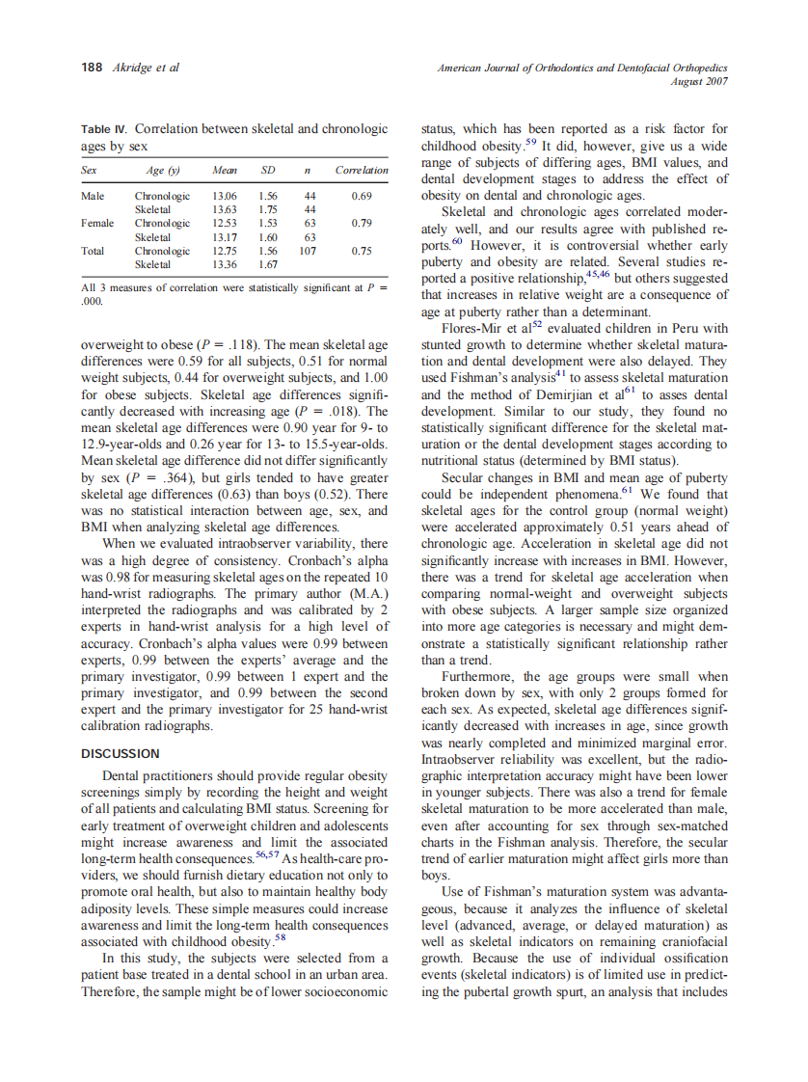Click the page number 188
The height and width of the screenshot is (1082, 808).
coord(91,68)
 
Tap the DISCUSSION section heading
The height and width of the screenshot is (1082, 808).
coord(121,753)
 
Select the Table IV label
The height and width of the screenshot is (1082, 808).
coord(104,129)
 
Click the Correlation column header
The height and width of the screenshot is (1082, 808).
coord(362,171)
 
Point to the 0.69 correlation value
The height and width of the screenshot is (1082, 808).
coord(362,196)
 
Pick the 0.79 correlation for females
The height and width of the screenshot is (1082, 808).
coord(362,223)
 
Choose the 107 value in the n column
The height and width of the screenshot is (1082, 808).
coord(308,250)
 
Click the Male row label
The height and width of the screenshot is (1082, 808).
coord(93,196)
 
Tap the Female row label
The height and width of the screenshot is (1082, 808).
coord(97,223)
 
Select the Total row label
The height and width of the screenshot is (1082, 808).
coord(94,250)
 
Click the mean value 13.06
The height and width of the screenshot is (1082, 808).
coord(225,196)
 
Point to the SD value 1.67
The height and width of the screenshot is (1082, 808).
coord(268,263)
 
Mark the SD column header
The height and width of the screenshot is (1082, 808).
coord(268,171)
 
